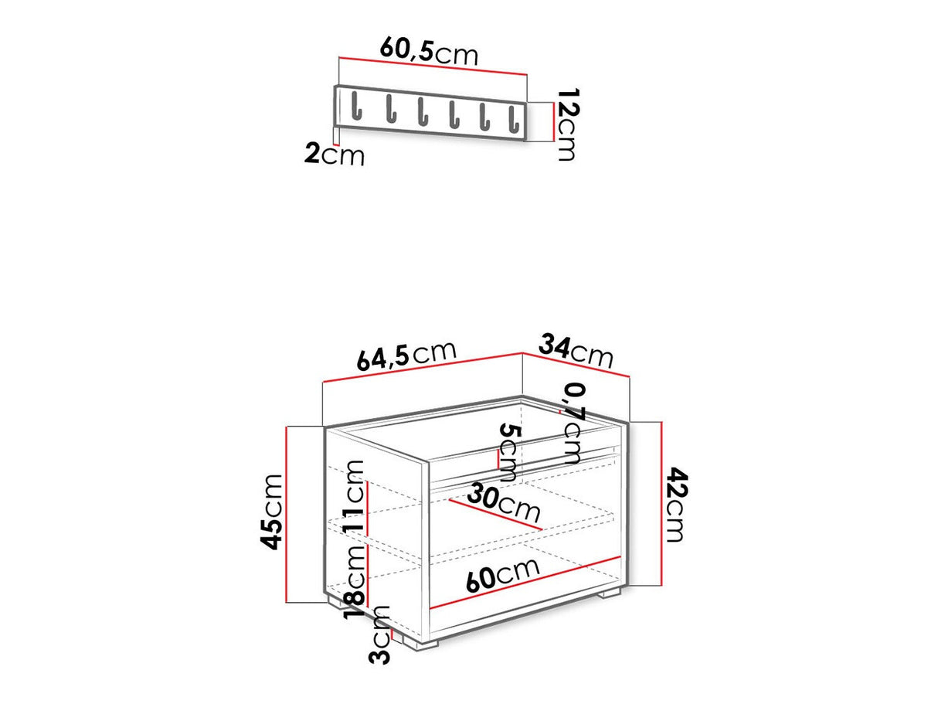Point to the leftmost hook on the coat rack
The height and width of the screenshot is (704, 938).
tap(357, 106)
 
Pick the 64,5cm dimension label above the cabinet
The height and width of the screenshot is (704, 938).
tap(407, 355)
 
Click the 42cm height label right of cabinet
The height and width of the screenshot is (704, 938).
tap(675, 504)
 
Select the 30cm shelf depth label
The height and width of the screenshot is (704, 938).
tap(507, 504)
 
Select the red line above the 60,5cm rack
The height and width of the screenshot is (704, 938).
tap(433, 66)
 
